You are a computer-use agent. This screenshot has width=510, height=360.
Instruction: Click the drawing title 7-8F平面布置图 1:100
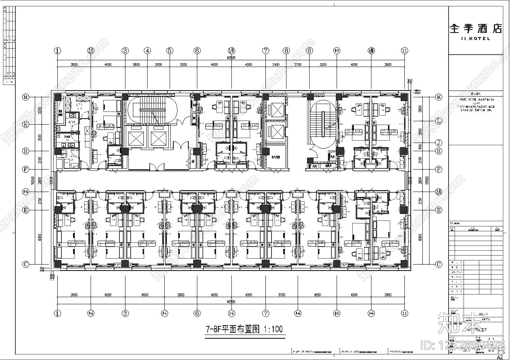pos(245,330)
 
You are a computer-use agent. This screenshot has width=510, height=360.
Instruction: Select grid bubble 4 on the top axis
pos(148,51)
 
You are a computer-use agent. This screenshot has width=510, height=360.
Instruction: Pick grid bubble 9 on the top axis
pos(309,51)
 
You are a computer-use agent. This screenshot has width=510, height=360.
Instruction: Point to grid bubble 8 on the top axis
pos(286,51)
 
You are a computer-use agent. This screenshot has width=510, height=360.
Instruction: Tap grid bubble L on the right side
pos(438,121)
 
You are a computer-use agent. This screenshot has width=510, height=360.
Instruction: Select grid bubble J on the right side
pos(438,143)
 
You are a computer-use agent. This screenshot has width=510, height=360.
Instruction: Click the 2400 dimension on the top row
pos(276,65)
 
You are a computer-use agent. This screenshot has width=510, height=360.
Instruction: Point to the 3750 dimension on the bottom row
pos(282,295)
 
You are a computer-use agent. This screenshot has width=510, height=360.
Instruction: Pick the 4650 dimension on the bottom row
pos(316,295)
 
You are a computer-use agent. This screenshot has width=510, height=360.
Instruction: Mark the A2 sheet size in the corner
pos(500,357)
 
